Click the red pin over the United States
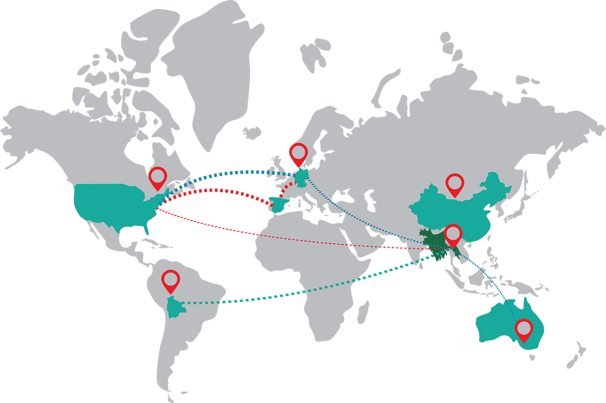[157, 177]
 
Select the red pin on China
[455, 184]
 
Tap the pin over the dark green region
[453, 235]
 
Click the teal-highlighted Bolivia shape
[175, 307]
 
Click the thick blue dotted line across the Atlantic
[227, 173]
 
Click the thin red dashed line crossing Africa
[303, 240]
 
